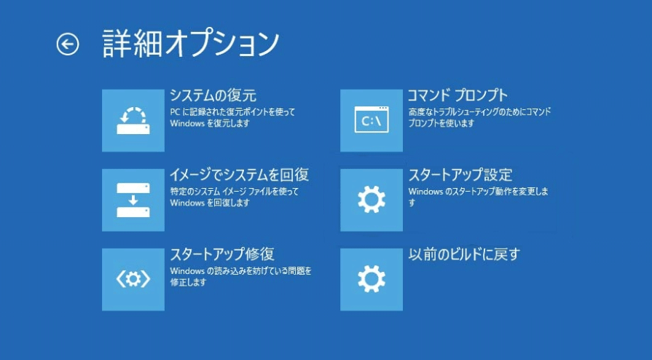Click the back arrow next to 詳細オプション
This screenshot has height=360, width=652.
point(68,44)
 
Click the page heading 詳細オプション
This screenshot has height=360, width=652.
point(190,43)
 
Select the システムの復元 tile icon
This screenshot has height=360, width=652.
point(133,120)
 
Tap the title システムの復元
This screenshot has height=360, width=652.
point(213,95)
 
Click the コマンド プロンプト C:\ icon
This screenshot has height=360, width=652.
point(372,120)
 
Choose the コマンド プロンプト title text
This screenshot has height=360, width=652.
point(457,95)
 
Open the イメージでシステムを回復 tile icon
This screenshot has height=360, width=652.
point(133,200)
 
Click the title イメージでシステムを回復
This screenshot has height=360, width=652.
point(239,175)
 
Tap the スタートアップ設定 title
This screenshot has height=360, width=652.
point(460,175)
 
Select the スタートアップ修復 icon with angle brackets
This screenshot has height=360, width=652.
point(133,280)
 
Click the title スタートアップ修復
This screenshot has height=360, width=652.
point(222,254)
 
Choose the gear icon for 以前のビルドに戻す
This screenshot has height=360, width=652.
point(372,280)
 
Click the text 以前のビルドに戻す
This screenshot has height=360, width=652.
point(464,254)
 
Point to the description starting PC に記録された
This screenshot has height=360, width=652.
point(232,117)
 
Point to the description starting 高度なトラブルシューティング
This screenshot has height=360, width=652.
point(479,117)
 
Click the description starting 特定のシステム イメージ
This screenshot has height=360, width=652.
point(234,197)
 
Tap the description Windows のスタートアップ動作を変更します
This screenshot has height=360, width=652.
point(479,197)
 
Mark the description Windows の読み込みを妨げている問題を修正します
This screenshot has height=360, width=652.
point(240,276)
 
